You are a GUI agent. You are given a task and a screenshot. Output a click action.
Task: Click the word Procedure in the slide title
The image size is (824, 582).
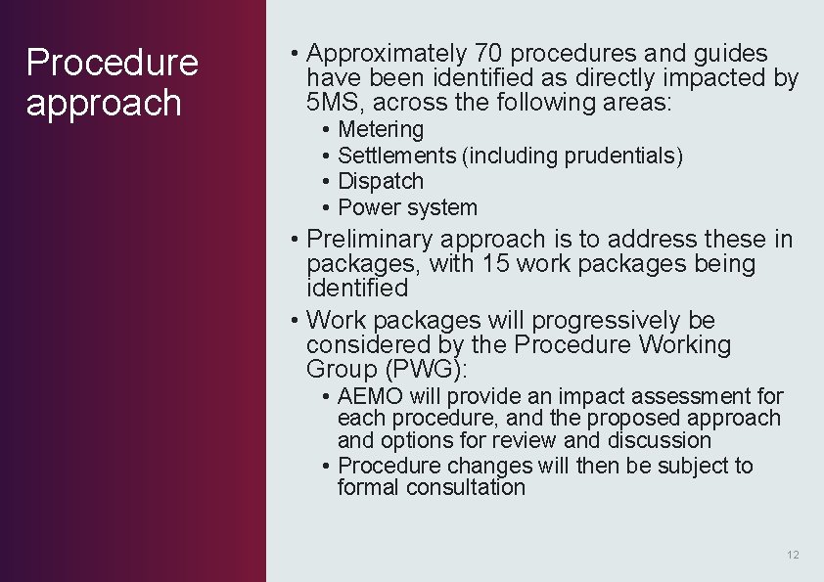[112, 63]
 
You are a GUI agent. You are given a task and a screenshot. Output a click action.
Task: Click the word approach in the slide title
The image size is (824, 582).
[104, 103]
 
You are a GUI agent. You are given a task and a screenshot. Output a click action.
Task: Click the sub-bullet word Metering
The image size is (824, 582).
[381, 129]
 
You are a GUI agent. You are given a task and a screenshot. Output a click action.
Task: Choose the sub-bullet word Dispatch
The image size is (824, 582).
[381, 182]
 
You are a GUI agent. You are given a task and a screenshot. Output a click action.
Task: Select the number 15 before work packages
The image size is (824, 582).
[494, 263]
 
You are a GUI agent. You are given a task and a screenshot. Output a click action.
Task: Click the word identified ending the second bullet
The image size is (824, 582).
[356, 288]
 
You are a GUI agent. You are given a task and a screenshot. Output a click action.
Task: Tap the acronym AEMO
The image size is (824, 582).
[370, 396]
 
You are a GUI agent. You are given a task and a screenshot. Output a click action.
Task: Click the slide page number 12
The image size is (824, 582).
[793, 555]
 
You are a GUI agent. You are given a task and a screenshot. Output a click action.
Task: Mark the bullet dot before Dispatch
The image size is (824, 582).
[325, 182]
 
